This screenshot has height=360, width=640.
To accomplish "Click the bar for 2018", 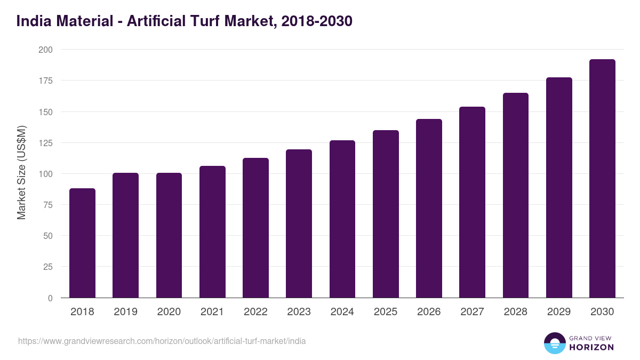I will (x=82, y=243).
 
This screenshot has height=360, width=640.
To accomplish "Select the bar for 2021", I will (x=212, y=232).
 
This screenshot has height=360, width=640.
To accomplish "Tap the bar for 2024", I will (x=342, y=219).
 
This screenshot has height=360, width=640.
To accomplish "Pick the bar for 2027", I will (x=472, y=203).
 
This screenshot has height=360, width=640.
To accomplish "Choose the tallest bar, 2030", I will (x=602, y=179).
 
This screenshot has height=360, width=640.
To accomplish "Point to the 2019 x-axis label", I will (x=125, y=312).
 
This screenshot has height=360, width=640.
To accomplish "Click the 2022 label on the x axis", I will (x=255, y=312).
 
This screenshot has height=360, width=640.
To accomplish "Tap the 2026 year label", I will (x=429, y=312).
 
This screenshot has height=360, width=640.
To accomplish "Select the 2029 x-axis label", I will (x=559, y=312).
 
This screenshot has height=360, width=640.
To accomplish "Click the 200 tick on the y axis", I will (x=45, y=50).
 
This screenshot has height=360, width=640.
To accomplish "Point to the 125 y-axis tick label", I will (x=45, y=143).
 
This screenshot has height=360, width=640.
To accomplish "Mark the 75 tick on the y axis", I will (x=48, y=205).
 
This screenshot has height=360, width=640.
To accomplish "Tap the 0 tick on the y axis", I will (x=50, y=298).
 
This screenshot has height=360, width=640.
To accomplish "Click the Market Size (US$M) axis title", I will (x=21, y=173).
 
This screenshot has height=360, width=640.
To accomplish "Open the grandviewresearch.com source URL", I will (x=162, y=341).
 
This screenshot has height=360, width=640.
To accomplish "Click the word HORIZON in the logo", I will (x=591, y=347).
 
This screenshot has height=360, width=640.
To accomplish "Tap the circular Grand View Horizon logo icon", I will (x=555, y=343).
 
